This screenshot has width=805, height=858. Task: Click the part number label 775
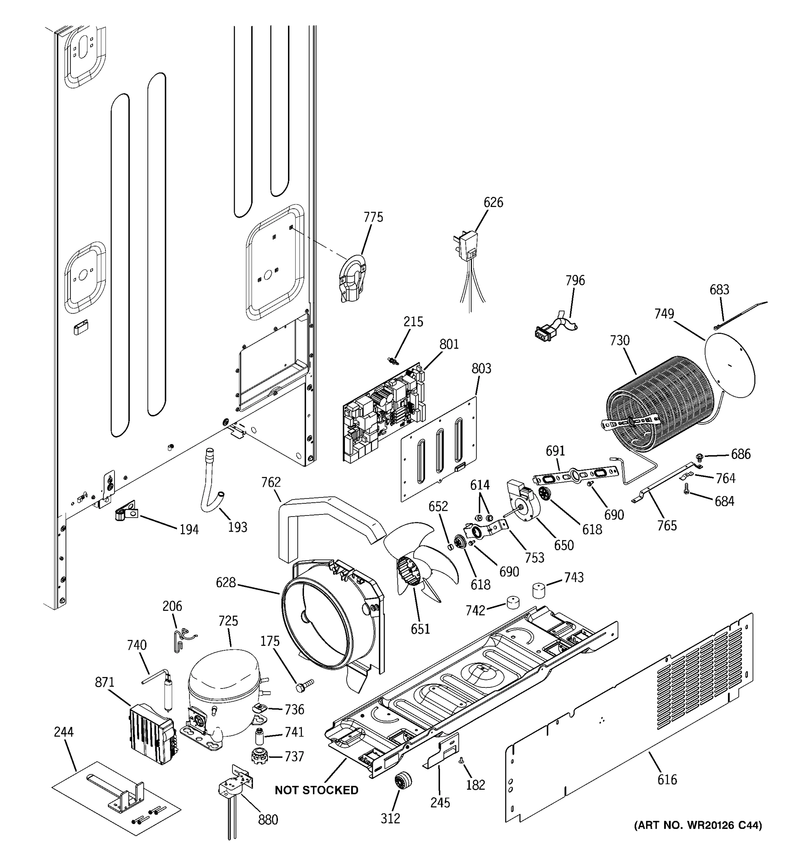point(373,217)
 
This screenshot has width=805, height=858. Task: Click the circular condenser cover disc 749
point(730,367)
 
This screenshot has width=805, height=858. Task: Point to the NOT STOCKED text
point(317,790)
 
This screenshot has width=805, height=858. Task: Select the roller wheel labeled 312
point(402,781)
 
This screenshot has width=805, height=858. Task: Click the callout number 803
point(481,369)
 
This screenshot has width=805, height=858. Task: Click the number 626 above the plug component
point(493,202)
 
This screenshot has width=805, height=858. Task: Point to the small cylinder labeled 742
point(513,602)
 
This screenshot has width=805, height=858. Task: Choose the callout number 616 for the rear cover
point(667,779)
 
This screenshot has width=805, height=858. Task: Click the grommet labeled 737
point(259,756)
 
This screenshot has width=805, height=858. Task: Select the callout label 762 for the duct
point(271,482)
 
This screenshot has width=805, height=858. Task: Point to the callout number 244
point(64,731)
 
